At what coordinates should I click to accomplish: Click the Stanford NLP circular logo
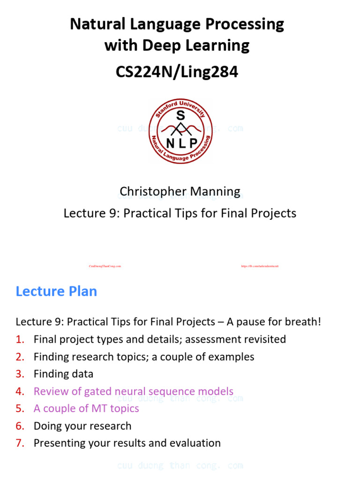click(180, 132)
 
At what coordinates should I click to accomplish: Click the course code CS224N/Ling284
click(177, 72)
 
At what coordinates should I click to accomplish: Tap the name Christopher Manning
click(180, 191)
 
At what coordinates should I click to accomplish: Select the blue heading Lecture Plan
click(56, 291)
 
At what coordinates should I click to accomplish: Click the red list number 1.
click(20, 339)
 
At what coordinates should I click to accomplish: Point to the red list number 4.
click(20, 391)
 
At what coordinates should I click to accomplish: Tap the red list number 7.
click(20, 443)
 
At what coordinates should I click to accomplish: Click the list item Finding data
click(63, 374)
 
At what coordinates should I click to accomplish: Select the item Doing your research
click(82, 426)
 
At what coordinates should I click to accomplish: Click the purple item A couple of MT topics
click(86, 409)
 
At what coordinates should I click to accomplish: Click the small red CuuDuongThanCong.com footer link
click(105, 266)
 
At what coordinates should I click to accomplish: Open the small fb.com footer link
click(260, 266)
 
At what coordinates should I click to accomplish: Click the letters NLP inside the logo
click(180, 144)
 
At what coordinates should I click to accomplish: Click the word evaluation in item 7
click(195, 443)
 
